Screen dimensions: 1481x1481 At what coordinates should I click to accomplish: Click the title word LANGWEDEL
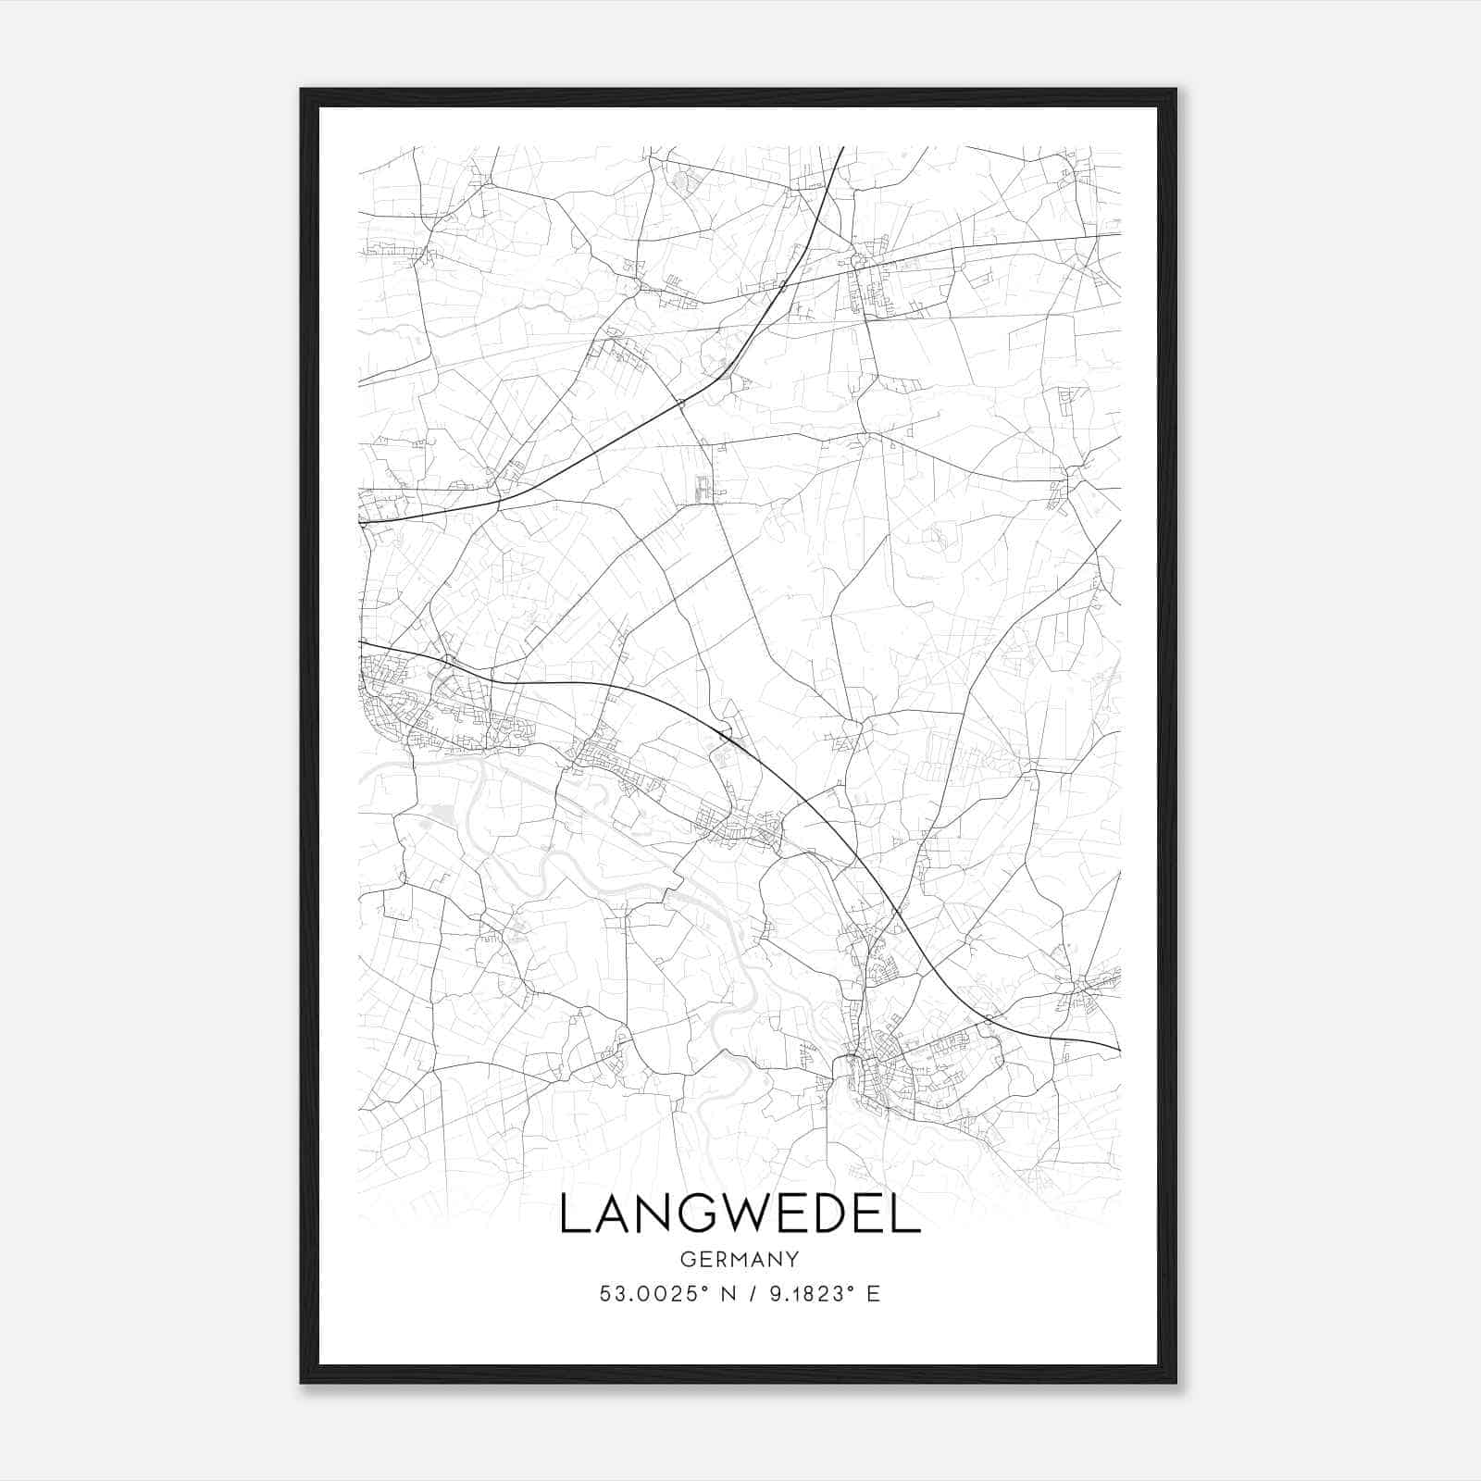point(740,1215)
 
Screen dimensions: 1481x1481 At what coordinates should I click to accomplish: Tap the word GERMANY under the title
point(739,1259)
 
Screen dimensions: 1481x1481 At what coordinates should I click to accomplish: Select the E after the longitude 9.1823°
point(873,1294)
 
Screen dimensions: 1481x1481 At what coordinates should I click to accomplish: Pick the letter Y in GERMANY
point(792,1259)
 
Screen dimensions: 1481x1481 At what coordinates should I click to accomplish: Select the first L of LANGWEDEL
point(573,1215)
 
